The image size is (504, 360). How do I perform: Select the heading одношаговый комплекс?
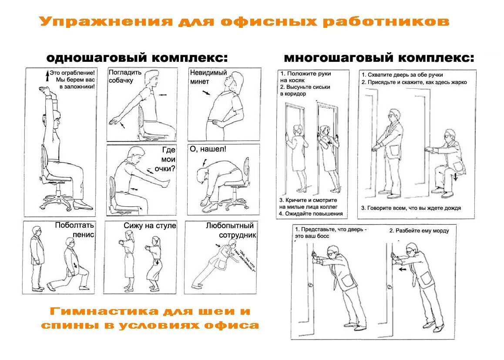click(138, 58)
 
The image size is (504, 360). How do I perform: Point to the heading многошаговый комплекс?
click(379, 58)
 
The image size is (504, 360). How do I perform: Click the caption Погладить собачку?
click(125, 76)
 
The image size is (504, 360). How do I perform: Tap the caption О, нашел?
click(208, 149)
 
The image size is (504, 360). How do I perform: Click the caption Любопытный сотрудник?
click(230, 230)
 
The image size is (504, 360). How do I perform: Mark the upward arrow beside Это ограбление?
click(47, 77)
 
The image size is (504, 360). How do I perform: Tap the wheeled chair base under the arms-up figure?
click(56, 202)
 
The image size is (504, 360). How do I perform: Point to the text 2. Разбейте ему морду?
click(419, 230)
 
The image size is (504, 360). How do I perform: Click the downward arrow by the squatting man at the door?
click(455, 176)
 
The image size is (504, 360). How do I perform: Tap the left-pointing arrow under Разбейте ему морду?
click(403, 269)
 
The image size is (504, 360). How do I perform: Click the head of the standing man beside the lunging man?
click(37, 230)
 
